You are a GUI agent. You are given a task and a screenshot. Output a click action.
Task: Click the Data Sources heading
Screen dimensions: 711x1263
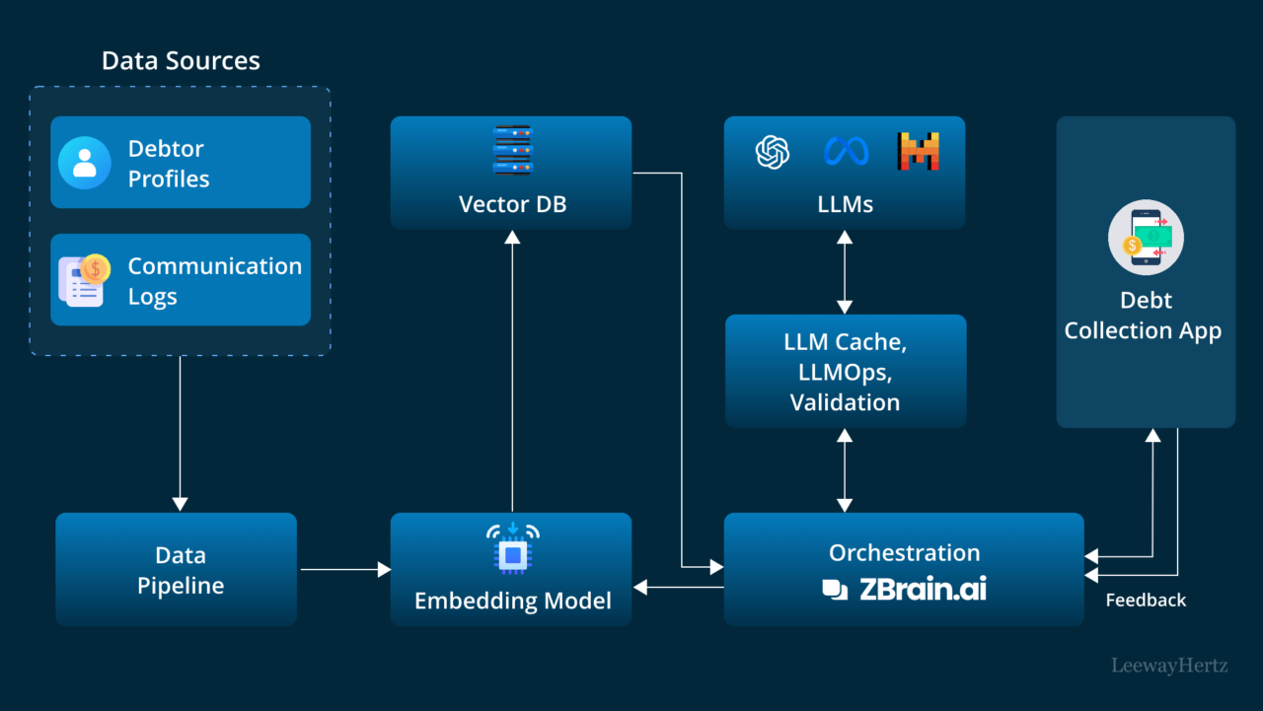(x=181, y=60)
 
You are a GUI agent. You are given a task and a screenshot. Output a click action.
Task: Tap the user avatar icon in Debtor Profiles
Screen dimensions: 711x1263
(x=84, y=163)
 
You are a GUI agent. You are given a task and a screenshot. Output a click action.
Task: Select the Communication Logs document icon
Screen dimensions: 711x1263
(x=83, y=280)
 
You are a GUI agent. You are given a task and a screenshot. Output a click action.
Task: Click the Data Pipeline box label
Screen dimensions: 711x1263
(x=180, y=570)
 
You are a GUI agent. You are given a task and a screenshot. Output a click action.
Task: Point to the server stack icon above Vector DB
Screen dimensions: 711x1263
(x=512, y=150)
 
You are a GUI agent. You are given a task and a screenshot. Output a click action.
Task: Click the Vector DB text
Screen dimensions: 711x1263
(x=512, y=204)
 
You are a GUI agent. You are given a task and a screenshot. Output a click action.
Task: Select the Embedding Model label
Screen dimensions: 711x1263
(x=512, y=601)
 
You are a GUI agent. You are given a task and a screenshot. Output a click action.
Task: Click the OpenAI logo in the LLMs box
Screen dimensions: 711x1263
(x=773, y=152)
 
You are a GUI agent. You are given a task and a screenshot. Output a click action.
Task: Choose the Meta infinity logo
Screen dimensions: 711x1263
(x=846, y=152)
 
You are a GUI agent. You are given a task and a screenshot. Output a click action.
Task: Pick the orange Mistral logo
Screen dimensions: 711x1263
(x=918, y=152)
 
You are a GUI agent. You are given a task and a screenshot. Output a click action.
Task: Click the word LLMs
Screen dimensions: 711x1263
(x=845, y=204)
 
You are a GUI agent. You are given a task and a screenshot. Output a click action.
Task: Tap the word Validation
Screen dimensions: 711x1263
(x=845, y=402)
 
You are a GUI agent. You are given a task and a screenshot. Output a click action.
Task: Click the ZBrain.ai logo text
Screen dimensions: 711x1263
(x=923, y=589)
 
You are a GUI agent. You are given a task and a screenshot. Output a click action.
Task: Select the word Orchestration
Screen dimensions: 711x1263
(x=904, y=552)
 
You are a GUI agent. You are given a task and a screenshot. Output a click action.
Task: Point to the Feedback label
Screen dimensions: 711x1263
(x=1146, y=600)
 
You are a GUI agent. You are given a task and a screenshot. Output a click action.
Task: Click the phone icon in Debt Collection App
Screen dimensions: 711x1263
(x=1145, y=238)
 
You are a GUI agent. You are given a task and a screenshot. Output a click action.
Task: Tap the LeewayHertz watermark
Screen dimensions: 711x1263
(x=1169, y=666)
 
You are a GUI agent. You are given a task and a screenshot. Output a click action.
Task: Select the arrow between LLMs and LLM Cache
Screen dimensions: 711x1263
(x=845, y=271)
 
